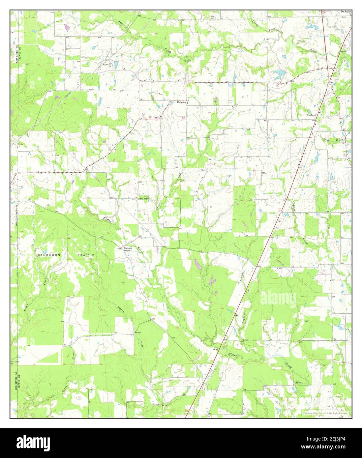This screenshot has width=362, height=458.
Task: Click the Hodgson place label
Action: (x=181, y=102)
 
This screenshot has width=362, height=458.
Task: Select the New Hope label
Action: (x=143, y=199)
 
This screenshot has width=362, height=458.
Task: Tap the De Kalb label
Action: (x=346, y=12)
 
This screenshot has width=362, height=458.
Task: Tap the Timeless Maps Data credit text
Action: (x=327, y=413)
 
